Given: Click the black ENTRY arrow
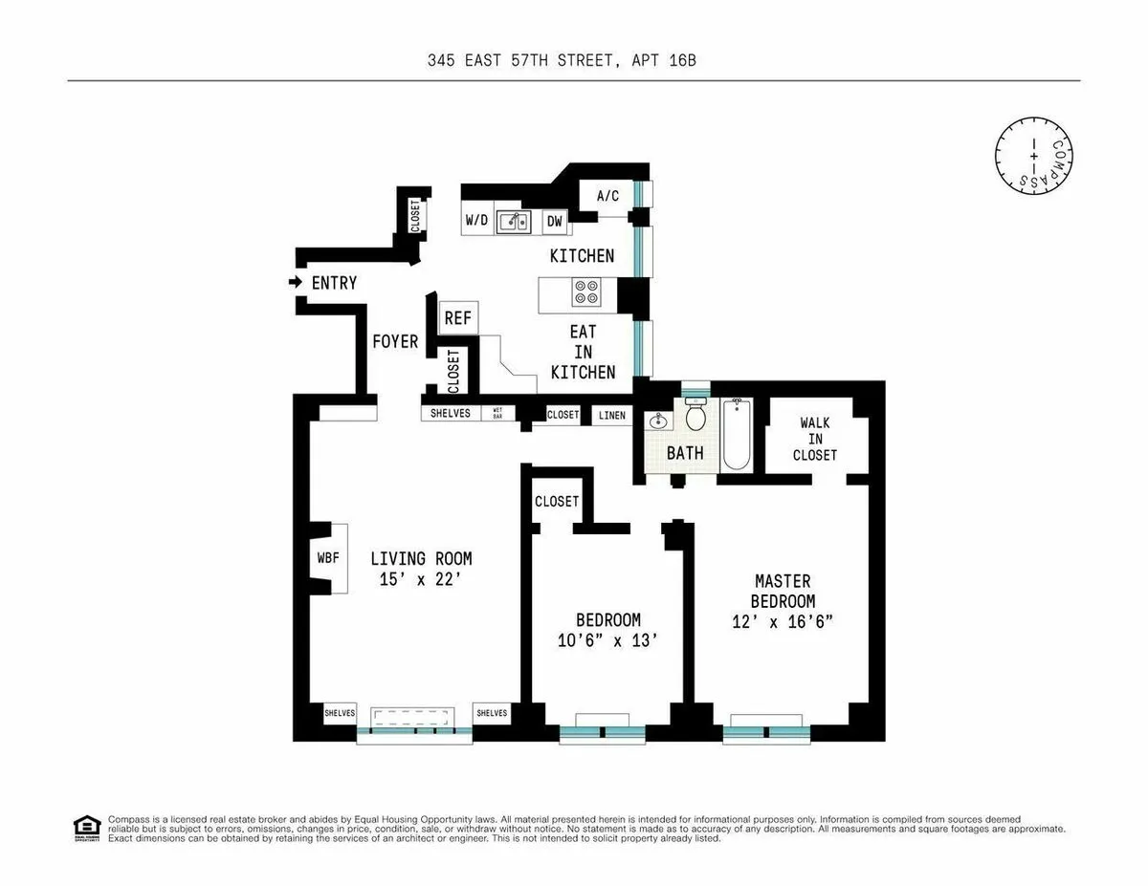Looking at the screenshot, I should (x=296, y=283).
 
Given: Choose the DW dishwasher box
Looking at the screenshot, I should (x=554, y=222).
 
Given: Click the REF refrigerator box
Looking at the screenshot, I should (x=457, y=318).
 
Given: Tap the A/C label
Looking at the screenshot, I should (x=608, y=196).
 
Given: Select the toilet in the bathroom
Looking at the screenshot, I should (x=695, y=416).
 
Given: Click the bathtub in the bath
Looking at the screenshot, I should (x=736, y=436).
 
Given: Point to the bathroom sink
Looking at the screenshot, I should (x=658, y=421).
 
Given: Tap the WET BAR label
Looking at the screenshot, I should (x=498, y=414).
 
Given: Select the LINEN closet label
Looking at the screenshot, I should (x=612, y=415).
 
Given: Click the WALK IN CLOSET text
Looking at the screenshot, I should (x=814, y=439).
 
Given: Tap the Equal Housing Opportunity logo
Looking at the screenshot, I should (x=86, y=828).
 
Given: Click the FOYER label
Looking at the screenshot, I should (x=395, y=341).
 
